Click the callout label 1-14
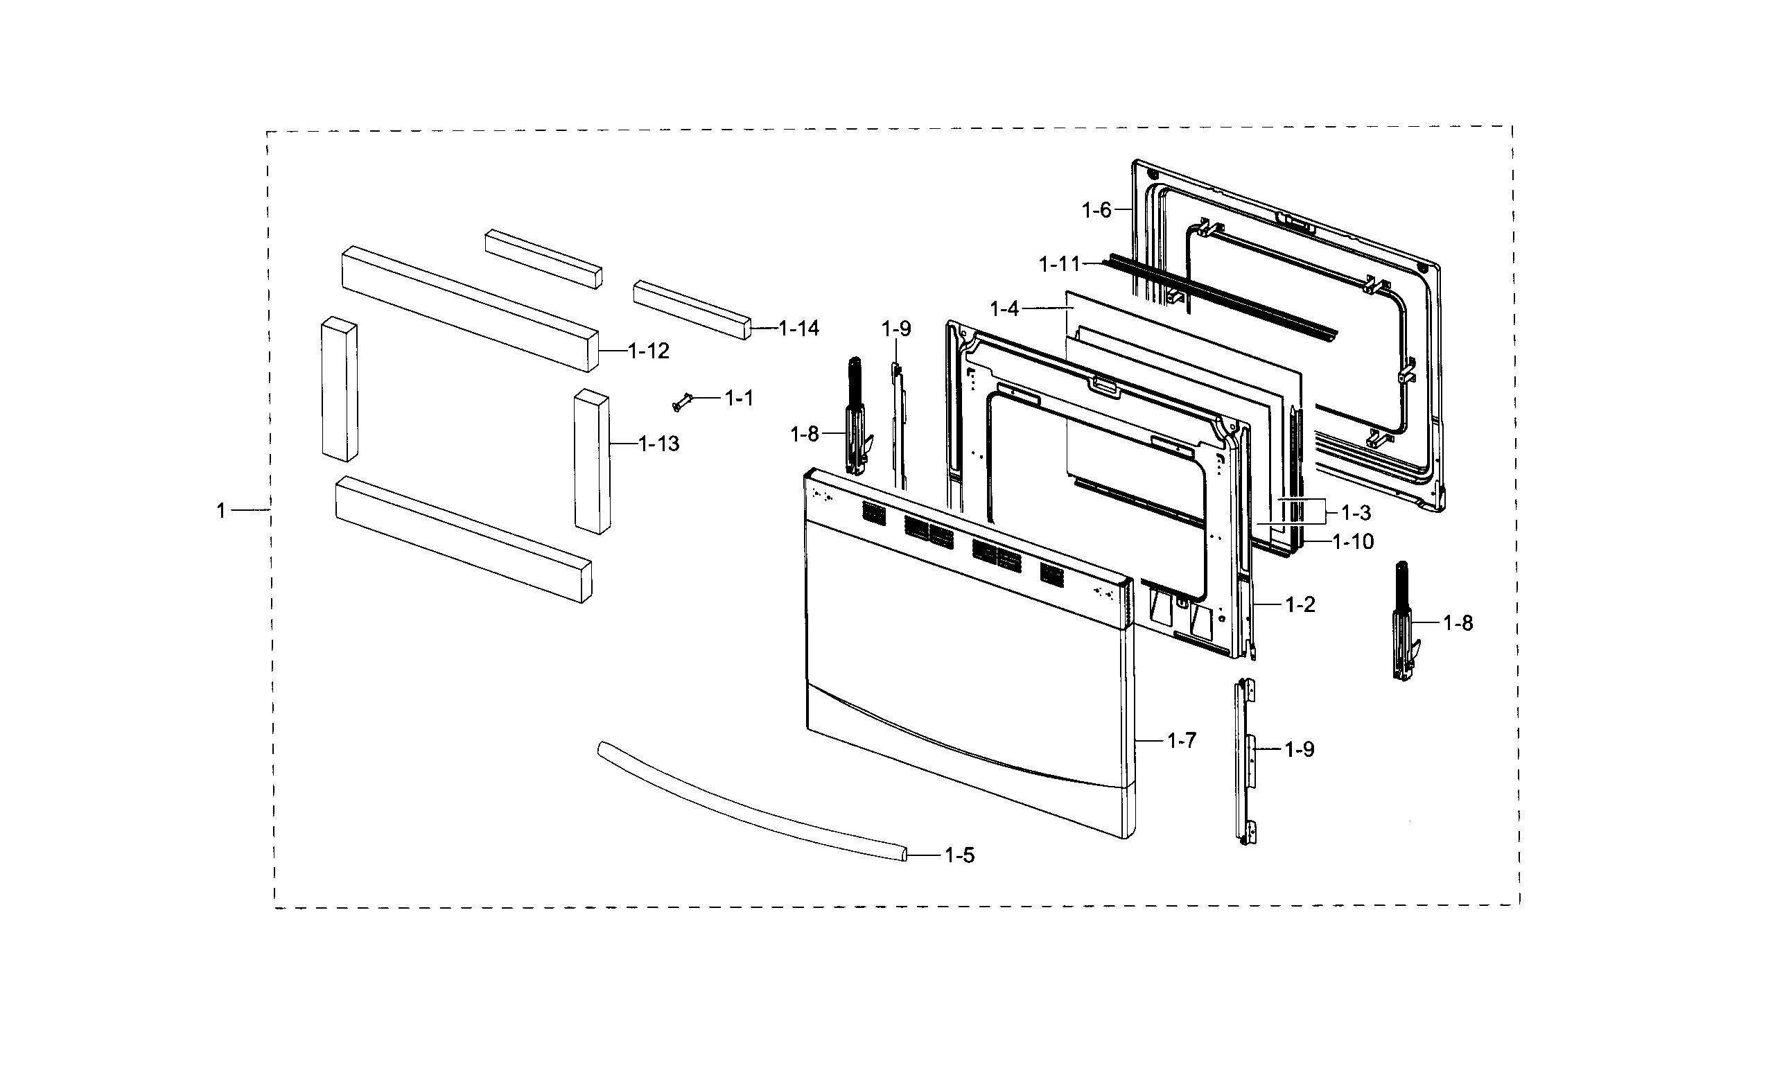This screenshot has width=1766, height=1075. coord(799,329)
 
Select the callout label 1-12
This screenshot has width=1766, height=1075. coord(649,351)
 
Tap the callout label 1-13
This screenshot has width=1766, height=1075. coord(658,444)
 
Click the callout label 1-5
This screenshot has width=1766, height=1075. coord(960,856)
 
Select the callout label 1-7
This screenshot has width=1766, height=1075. coord(1182,740)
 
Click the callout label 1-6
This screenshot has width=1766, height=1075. coord(1096,211)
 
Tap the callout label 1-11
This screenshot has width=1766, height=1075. coord(1059,265)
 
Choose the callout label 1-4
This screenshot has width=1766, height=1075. coord(1004,310)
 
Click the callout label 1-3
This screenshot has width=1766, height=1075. coord(1356,513)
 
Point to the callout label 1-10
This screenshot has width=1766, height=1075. coord(1354,542)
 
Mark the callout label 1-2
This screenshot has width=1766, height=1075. coord(1300,605)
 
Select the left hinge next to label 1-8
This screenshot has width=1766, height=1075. coord(855,419)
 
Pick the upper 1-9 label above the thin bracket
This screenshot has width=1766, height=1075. coord(896,330)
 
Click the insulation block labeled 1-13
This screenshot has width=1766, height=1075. coord(592,462)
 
